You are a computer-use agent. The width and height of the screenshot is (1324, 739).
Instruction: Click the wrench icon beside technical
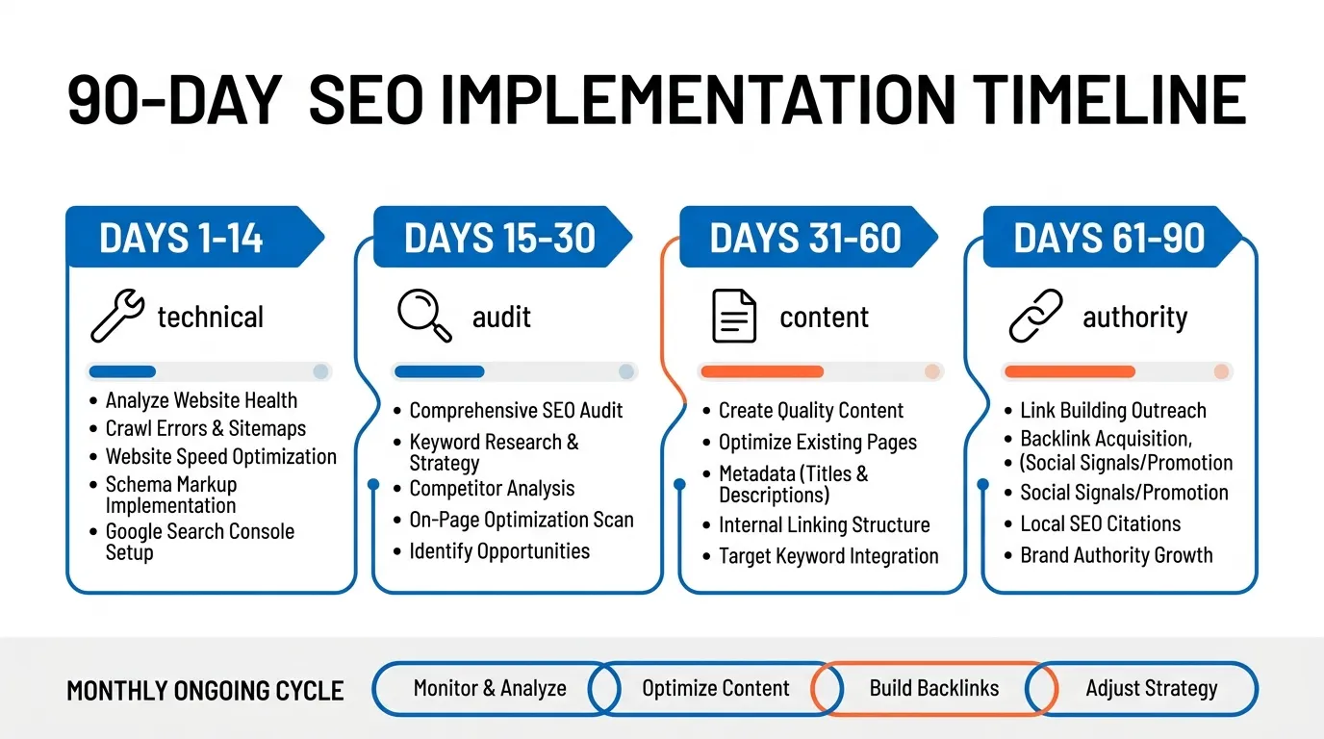[x=116, y=318]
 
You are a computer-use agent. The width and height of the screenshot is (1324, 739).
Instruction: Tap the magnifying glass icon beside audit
[x=424, y=317]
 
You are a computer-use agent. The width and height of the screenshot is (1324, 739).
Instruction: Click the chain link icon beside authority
[x=1035, y=317]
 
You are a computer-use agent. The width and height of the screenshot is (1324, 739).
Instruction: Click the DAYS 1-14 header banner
[x=183, y=238]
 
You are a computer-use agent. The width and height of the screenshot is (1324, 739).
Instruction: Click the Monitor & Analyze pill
[x=490, y=689]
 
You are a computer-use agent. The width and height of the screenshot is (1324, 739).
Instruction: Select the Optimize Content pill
[x=715, y=689]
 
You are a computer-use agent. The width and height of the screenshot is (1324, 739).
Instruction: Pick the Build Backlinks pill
[x=933, y=689]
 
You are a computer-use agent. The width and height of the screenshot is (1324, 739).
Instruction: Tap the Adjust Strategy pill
[x=1151, y=689]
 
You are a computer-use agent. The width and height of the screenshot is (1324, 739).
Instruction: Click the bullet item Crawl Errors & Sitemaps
[x=205, y=428]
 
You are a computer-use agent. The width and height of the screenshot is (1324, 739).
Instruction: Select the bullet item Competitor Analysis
[x=492, y=488]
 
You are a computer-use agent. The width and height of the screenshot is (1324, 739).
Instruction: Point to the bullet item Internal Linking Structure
[x=824, y=525]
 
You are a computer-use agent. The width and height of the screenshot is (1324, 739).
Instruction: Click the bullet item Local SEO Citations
[x=1100, y=524]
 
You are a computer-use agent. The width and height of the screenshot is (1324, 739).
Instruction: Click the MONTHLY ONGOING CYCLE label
[x=205, y=691]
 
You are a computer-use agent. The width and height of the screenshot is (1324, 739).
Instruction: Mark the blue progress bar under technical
[x=122, y=371]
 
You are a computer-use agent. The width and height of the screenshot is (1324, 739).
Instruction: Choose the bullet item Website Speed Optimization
[x=220, y=457]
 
